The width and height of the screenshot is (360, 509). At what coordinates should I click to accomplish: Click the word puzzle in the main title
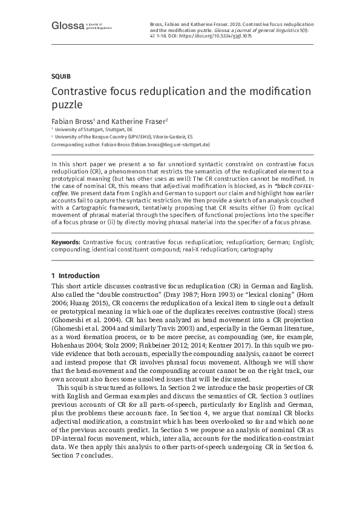(68, 104)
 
